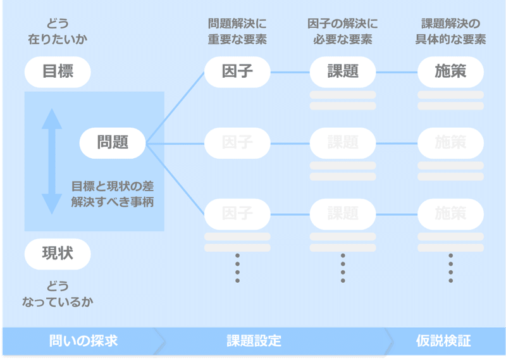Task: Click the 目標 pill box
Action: point(58,71)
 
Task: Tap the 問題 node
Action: point(113,143)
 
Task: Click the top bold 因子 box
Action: point(237,71)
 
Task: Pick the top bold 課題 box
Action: point(343,71)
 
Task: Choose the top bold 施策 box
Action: point(450,71)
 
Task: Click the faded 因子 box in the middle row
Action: point(237,143)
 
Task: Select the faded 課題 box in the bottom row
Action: point(343,213)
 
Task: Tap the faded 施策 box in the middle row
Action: point(450,143)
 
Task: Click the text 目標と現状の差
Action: point(112,187)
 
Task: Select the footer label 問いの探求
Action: point(83,341)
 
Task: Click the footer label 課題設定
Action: point(254,341)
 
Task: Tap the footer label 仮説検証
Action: point(443,341)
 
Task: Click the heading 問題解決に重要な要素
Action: point(237,32)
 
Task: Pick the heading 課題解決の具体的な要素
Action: point(450,32)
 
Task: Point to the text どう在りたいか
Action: point(58,32)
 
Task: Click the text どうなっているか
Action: point(58,294)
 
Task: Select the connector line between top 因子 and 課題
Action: point(290,71)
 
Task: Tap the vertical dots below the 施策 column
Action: point(450,268)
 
